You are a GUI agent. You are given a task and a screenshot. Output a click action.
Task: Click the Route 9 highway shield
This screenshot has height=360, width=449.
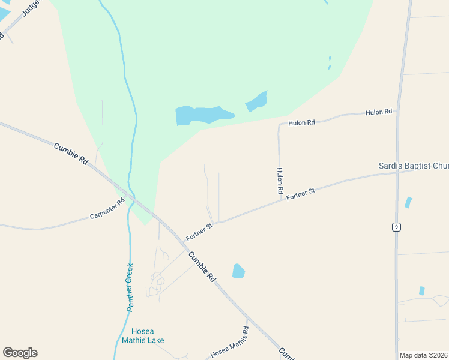(x=396, y=226)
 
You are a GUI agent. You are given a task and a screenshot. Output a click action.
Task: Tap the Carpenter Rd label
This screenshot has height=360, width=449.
(x=107, y=209)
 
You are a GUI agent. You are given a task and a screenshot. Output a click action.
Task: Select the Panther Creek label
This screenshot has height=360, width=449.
(x=130, y=287)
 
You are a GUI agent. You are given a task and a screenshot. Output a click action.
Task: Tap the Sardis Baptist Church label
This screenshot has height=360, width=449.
(x=413, y=166)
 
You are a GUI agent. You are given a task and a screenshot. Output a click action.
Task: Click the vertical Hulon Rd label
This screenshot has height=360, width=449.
(x=280, y=179)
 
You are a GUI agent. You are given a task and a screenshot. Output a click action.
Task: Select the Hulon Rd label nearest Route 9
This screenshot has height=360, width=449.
(x=379, y=112)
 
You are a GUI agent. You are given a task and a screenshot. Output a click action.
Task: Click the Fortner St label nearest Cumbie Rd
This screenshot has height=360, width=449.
(x=200, y=232)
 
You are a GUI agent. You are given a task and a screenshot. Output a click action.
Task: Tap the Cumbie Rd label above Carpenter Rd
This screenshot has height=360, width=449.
(x=71, y=154)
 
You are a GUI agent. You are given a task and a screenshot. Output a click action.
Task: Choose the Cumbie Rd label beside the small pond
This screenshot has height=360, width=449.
(x=202, y=267)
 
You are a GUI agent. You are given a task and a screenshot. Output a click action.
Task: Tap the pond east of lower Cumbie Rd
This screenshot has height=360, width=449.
(x=238, y=271)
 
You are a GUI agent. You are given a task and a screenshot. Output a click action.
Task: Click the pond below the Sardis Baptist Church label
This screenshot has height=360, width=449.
(x=408, y=202)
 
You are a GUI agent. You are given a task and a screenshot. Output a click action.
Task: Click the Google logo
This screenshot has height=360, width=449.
(x=20, y=353)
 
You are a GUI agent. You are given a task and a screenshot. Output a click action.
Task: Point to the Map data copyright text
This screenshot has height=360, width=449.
(x=424, y=355)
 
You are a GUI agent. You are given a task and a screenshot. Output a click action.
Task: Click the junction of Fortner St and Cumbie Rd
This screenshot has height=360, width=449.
(x=182, y=241)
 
